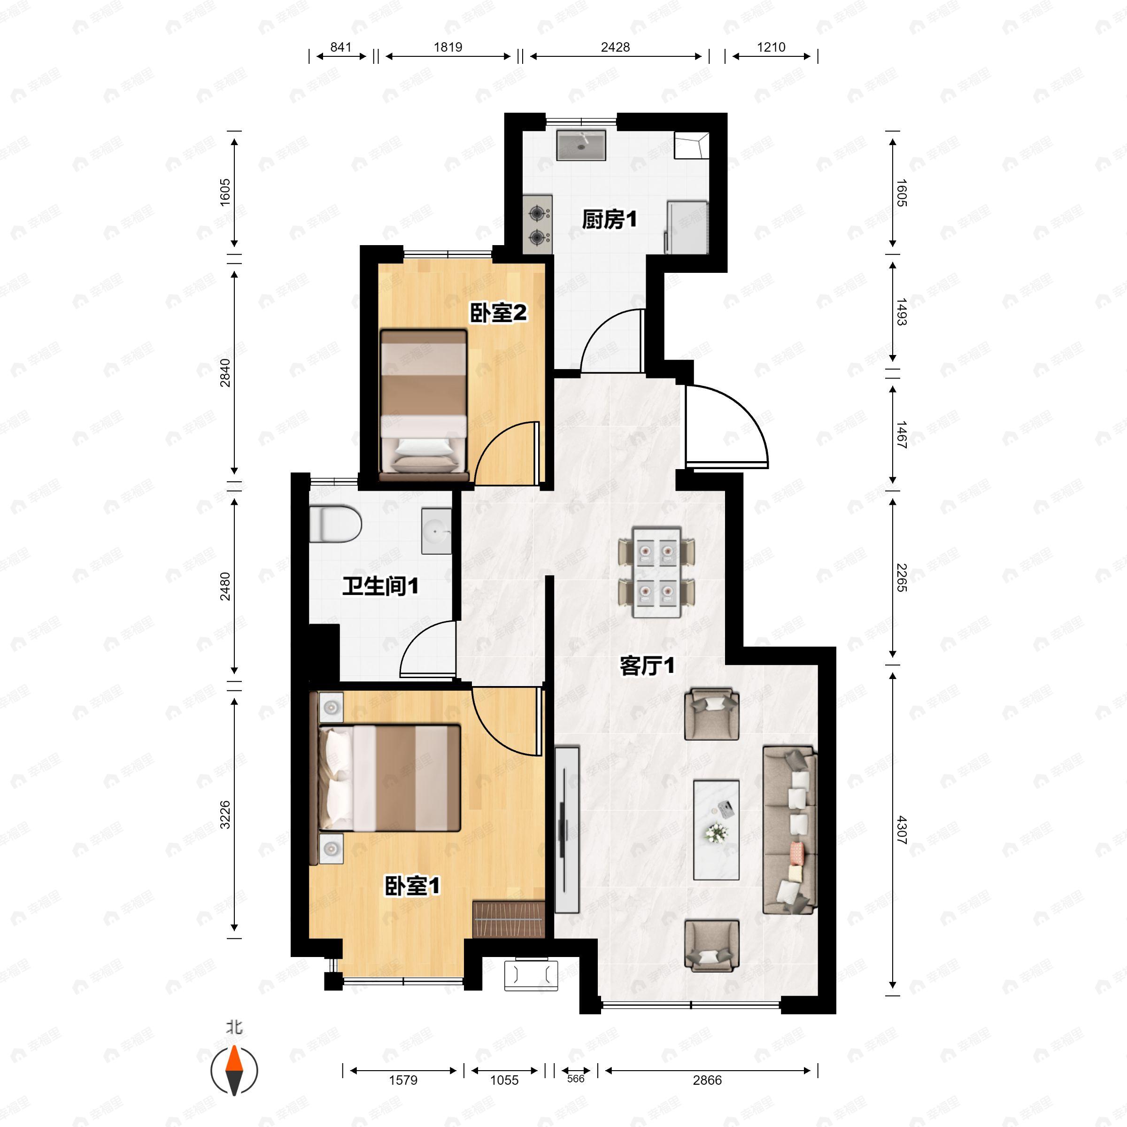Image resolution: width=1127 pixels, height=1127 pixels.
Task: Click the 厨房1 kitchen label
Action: [x=609, y=220]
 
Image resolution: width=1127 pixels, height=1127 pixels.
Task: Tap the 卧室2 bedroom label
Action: [x=498, y=313]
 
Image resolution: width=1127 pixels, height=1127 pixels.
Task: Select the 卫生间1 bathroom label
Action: [x=380, y=586]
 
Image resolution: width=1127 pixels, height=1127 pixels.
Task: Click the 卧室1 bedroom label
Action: [x=412, y=886]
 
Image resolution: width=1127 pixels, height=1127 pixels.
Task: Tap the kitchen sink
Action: [x=581, y=145]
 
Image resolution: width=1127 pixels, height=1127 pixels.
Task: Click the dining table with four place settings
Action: [x=657, y=573]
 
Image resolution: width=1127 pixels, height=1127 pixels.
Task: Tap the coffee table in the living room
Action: [x=716, y=830]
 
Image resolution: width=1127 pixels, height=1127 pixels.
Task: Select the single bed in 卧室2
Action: [x=424, y=405]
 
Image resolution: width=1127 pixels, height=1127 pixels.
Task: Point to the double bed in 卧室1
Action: [x=390, y=778]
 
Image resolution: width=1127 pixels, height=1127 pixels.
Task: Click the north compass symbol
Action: [x=234, y=1071]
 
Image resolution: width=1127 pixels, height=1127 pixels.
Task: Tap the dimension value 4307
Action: [x=902, y=832]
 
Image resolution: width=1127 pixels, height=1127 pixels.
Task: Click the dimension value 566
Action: [x=576, y=1079]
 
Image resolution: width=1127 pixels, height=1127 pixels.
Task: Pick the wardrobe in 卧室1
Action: [x=509, y=920]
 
